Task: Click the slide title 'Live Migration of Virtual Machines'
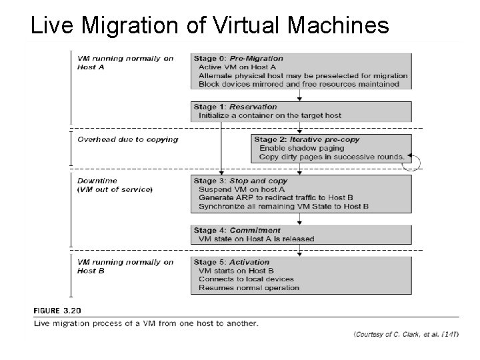210,25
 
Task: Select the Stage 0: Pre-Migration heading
238,58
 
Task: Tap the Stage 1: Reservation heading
235,107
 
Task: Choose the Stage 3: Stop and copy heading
239,181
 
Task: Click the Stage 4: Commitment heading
237,231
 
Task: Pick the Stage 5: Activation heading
231,262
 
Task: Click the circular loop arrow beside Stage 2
415,161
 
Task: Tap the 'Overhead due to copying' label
127,139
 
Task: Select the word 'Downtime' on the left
97,181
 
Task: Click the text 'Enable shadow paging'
302,148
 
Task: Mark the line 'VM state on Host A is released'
256,239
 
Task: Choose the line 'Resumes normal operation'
249,288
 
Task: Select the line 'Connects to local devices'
246,279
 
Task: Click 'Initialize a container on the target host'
269,115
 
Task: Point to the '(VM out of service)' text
115,189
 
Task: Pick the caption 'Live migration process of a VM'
145,323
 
